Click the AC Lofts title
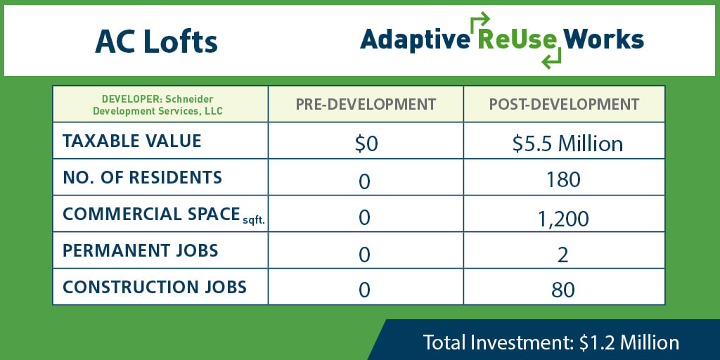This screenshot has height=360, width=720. point(156,42)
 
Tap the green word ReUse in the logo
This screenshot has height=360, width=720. point(517,40)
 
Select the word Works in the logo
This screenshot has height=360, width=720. point(603,39)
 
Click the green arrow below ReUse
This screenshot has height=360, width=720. point(551,58)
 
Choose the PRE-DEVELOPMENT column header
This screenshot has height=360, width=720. point(366,104)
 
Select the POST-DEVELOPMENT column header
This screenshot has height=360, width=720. point(564,104)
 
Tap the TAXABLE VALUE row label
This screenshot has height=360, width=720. point(131,141)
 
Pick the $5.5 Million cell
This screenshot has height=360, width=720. point(567,144)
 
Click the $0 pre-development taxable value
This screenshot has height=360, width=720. point(366,144)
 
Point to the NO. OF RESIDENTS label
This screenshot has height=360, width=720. point(142,178)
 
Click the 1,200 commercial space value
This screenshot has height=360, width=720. point(563,219)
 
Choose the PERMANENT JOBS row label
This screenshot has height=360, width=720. point(141,251)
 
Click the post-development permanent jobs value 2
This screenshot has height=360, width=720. point(563,255)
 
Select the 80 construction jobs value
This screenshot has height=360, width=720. point(563,290)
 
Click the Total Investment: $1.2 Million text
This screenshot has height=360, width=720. point(551,342)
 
